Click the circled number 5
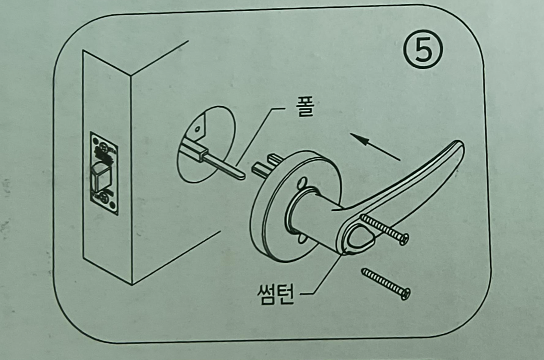423,52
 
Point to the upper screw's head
403,239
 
